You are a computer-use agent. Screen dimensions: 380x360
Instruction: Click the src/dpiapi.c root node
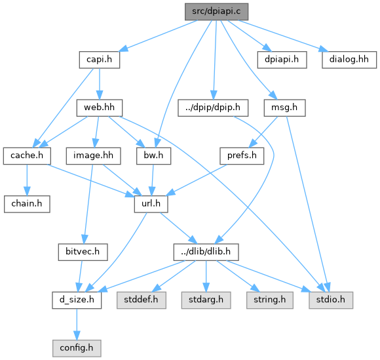[216, 12]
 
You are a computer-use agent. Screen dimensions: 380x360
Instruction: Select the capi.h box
[100, 60]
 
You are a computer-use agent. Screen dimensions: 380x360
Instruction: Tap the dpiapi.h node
[282, 60]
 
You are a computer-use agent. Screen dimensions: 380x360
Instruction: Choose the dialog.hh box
[349, 60]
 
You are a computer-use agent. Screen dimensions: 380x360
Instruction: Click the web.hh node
[100, 108]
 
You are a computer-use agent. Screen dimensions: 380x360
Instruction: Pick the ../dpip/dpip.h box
[213, 108]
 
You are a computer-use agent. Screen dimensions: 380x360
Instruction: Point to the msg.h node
[284, 108]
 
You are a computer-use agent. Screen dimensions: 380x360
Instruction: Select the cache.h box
[27, 156]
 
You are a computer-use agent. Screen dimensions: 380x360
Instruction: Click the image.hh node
[93, 156]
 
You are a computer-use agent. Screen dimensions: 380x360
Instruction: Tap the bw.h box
[153, 156]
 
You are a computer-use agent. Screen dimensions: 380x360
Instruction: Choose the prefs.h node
[242, 156]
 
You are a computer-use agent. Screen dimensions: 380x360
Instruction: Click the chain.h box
[27, 204]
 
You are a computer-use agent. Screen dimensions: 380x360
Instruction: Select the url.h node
[151, 204]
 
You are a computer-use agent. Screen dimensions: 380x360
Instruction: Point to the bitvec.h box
[83, 252]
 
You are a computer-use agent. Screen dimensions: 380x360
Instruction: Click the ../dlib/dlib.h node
[206, 252]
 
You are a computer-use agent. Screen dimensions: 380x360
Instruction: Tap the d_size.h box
[77, 300]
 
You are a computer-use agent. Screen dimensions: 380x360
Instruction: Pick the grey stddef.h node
[142, 300]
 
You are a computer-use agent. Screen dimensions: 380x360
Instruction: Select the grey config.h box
[77, 348]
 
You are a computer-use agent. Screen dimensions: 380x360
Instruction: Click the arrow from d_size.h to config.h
[77, 325]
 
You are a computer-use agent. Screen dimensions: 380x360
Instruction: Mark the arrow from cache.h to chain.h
[27, 180]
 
